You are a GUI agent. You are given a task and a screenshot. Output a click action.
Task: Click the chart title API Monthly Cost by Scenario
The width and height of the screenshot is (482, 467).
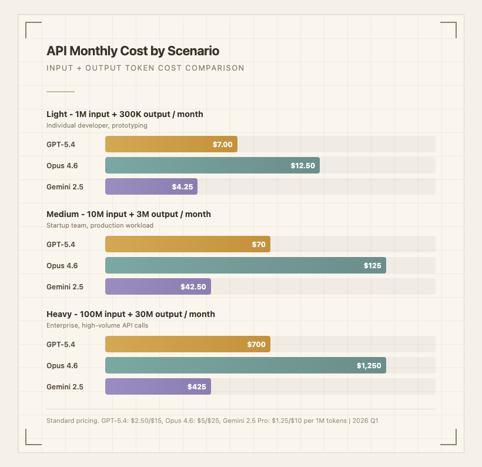[x=133, y=51]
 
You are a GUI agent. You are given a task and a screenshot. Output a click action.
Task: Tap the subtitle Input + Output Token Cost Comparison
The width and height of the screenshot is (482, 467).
[x=145, y=68]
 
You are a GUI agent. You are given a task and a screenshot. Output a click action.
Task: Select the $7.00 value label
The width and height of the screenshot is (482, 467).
[x=223, y=145]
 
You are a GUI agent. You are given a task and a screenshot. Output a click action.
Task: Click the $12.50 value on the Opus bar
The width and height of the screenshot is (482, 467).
[x=303, y=166]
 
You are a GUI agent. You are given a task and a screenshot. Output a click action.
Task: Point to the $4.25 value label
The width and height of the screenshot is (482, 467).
[x=182, y=187]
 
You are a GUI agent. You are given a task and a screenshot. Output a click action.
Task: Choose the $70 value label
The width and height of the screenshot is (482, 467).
[x=259, y=245]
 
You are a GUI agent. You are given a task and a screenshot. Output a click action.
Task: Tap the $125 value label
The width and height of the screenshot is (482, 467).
[x=372, y=266]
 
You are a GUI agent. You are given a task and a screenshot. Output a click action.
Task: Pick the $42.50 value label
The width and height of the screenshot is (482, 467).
[x=193, y=287]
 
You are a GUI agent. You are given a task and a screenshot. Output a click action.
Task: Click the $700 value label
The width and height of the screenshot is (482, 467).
[x=256, y=345]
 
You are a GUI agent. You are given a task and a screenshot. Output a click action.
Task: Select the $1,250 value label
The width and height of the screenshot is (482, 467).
[x=369, y=366]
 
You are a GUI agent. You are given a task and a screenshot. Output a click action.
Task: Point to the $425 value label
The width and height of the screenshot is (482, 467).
[x=196, y=387]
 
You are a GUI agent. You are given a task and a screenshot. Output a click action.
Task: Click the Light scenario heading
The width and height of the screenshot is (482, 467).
[x=125, y=114]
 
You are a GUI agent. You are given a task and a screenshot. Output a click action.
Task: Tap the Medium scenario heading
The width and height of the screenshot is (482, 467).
[x=128, y=214]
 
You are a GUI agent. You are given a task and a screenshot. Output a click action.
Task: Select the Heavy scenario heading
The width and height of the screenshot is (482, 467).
[x=130, y=314]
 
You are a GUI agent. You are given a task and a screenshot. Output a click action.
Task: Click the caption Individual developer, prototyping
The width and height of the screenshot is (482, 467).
[x=96, y=125]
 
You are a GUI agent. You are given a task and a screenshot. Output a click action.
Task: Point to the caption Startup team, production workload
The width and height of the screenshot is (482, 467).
[x=99, y=225]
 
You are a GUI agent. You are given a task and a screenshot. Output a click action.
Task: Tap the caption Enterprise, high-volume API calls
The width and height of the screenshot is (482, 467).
[x=97, y=325]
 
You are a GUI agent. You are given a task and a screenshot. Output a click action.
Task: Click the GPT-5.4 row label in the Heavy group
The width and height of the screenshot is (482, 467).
[x=61, y=345]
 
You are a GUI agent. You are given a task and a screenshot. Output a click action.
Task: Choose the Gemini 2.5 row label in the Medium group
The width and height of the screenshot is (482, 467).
[x=65, y=287]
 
